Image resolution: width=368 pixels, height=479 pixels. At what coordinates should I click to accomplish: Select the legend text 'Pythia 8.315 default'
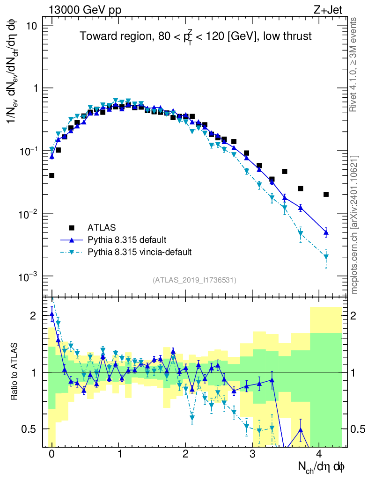[x=126, y=240]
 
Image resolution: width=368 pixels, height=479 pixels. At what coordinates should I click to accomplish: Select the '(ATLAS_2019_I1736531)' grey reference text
[x=194, y=280]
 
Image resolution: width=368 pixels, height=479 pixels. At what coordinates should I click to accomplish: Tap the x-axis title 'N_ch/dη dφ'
[x=322, y=466]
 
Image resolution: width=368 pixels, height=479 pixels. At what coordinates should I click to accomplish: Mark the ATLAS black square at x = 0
[x=52, y=175]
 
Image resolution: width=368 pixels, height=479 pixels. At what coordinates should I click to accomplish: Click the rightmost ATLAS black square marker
[x=326, y=194]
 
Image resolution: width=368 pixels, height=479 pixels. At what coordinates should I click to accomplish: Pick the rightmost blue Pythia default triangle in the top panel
[x=326, y=232]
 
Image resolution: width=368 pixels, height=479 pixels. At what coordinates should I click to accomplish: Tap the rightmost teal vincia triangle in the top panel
[x=326, y=257]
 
